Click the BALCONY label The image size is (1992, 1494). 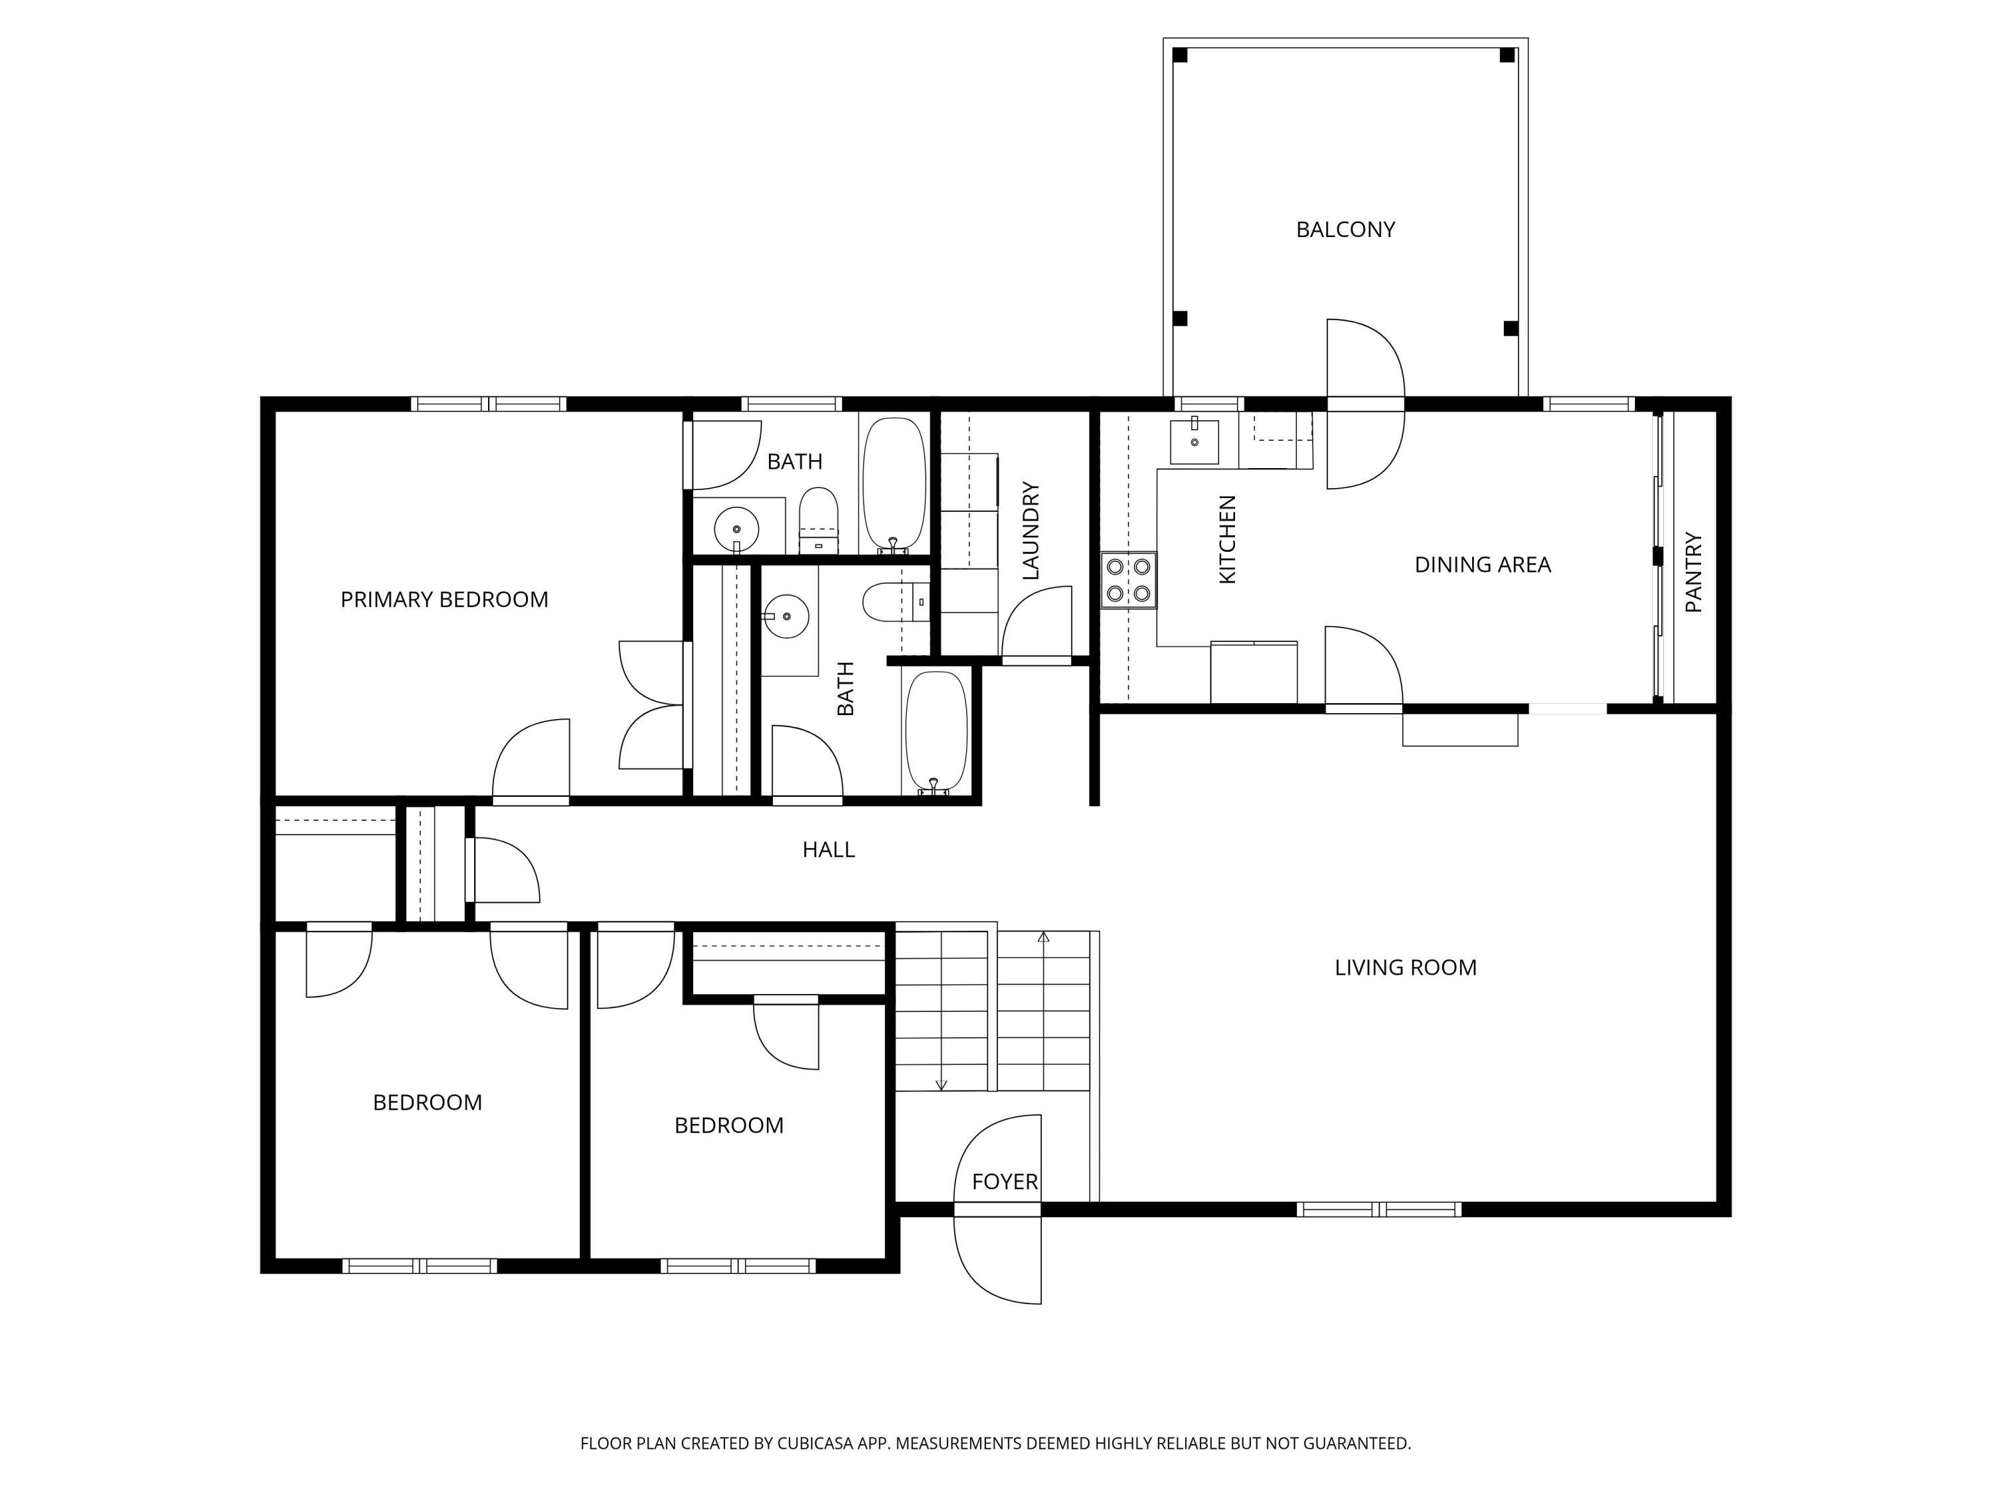coord(1345,230)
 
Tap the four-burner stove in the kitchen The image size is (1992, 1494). coord(1128,580)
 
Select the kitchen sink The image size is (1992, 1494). coord(1194,442)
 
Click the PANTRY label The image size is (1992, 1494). coord(1693,573)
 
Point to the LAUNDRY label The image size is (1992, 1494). coord(1031,531)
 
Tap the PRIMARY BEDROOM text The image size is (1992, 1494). coord(444,600)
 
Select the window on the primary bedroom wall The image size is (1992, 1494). coord(489,404)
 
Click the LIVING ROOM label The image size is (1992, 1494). coord(1405,967)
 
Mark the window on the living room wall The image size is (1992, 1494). coord(1378,1209)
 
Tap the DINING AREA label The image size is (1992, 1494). coord(1482,564)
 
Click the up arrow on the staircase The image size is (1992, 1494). coord(1044,938)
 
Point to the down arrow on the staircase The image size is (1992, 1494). coord(941,1084)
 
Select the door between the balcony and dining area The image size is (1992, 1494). coord(1365,404)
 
